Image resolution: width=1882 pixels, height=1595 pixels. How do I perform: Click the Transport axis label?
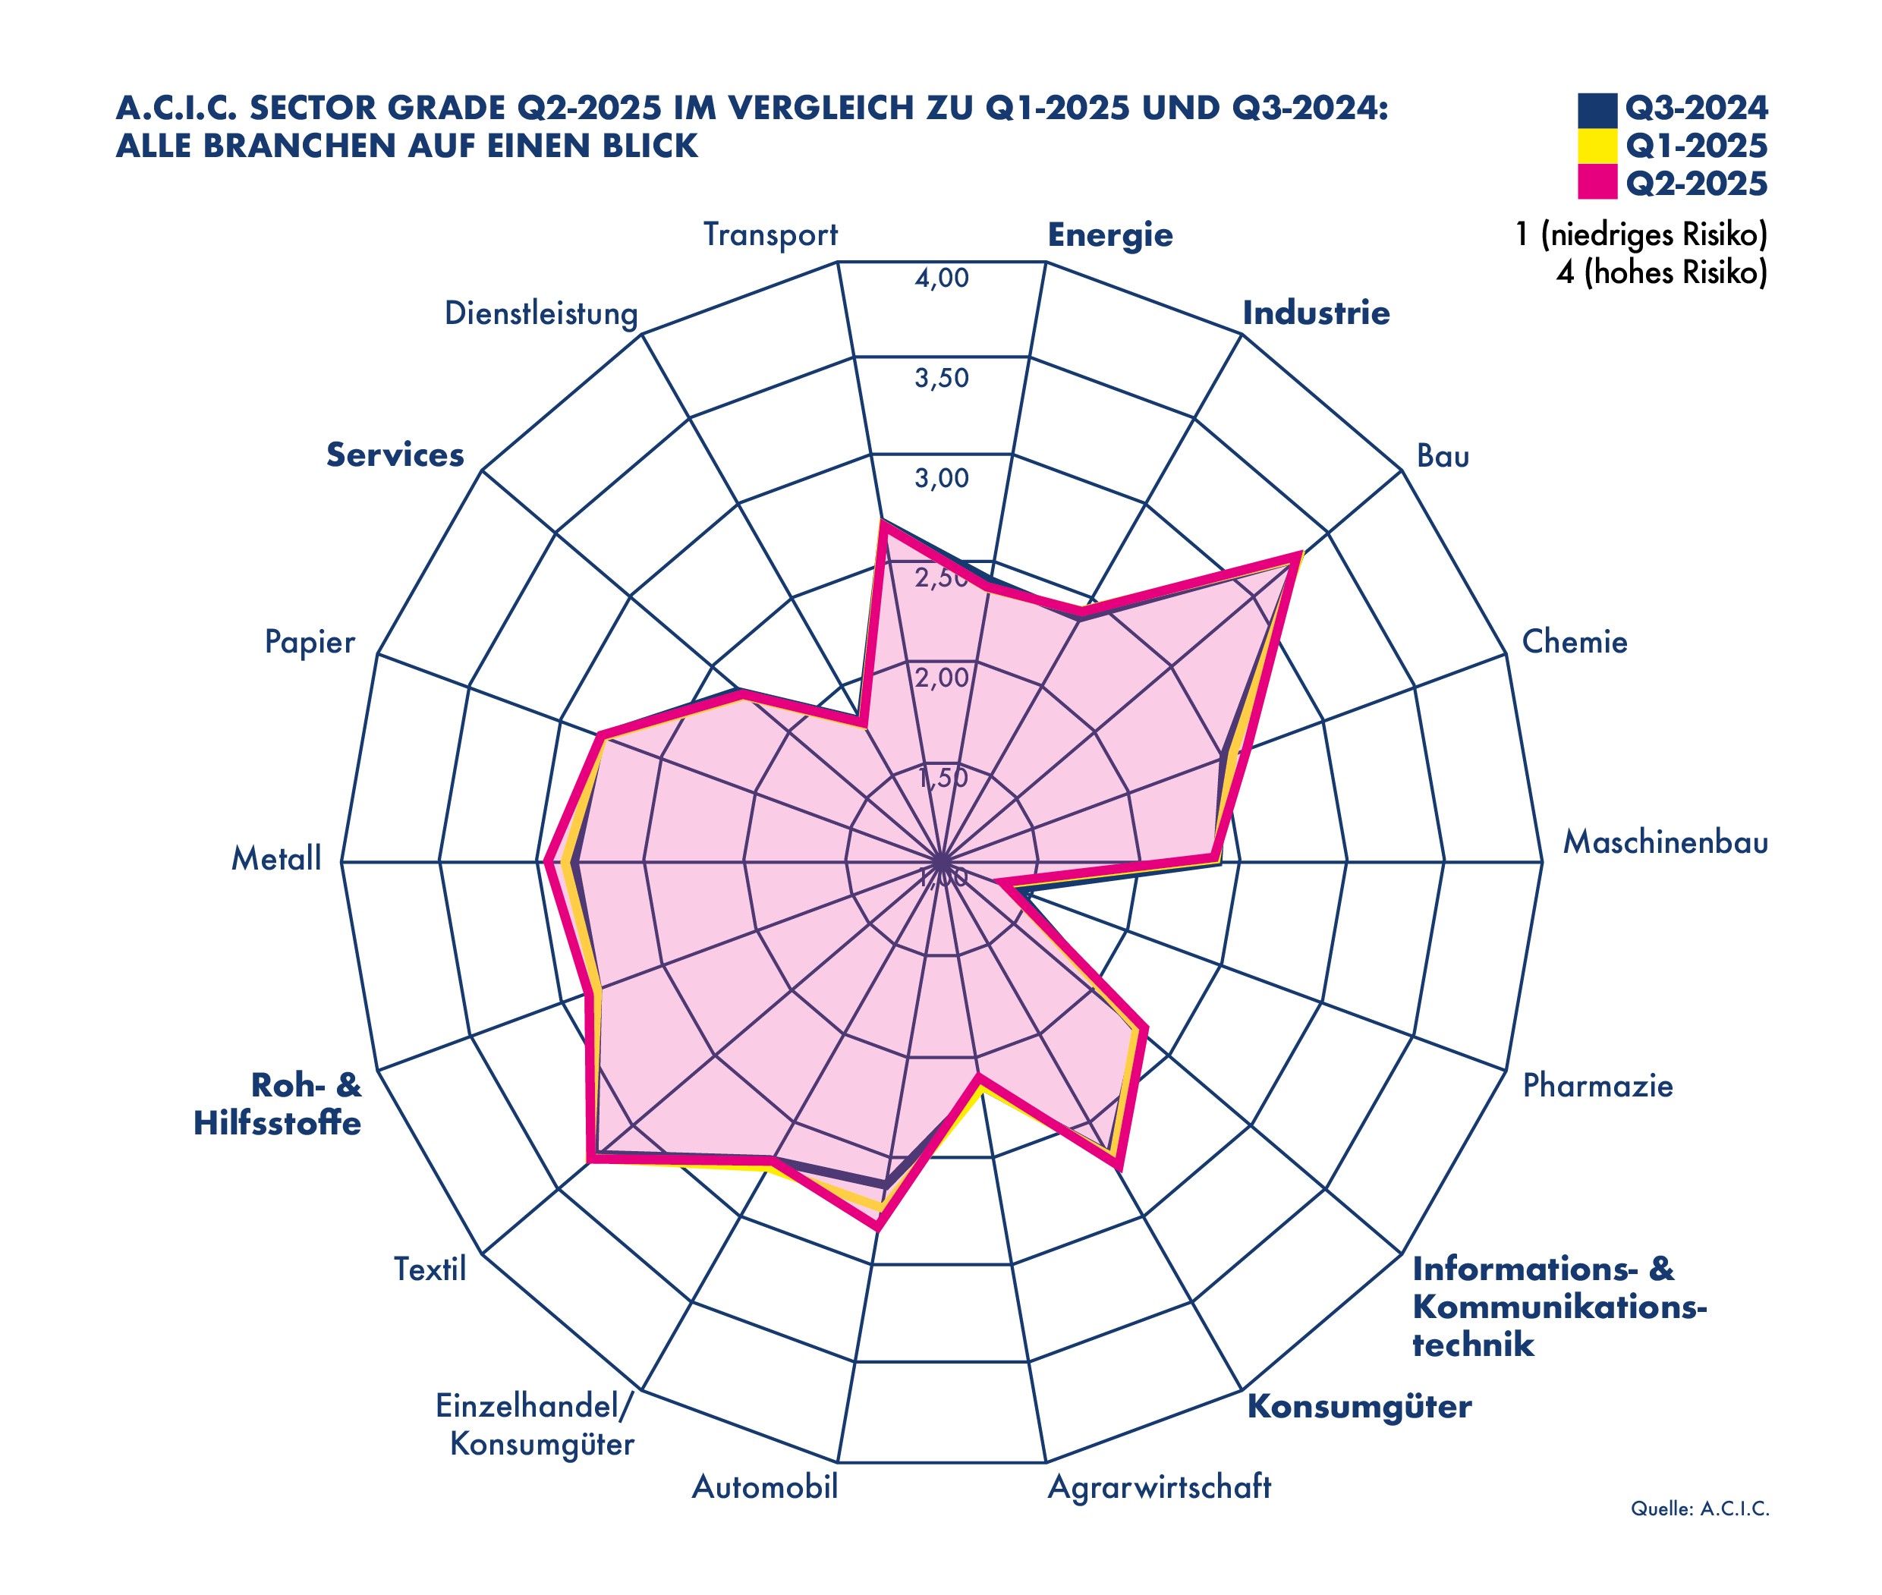(770, 235)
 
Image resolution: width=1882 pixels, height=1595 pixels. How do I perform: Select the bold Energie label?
(1109, 235)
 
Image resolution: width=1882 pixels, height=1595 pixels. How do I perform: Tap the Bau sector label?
(1443, 456)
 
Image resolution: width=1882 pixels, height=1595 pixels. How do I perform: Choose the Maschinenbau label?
(1665, 843)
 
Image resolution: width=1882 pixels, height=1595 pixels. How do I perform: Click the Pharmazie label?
(1597, 1085)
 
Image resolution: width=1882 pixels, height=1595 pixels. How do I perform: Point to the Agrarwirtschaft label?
(1159, 1486)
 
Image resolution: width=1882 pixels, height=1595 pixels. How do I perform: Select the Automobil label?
(765, 1486)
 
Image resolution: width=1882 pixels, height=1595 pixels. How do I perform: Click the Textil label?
(430, 1269)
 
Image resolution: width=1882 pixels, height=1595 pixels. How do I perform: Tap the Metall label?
(275, 858)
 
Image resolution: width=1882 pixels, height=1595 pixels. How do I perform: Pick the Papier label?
(310, 642)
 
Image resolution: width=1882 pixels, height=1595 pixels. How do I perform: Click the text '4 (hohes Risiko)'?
(1660, 273)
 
